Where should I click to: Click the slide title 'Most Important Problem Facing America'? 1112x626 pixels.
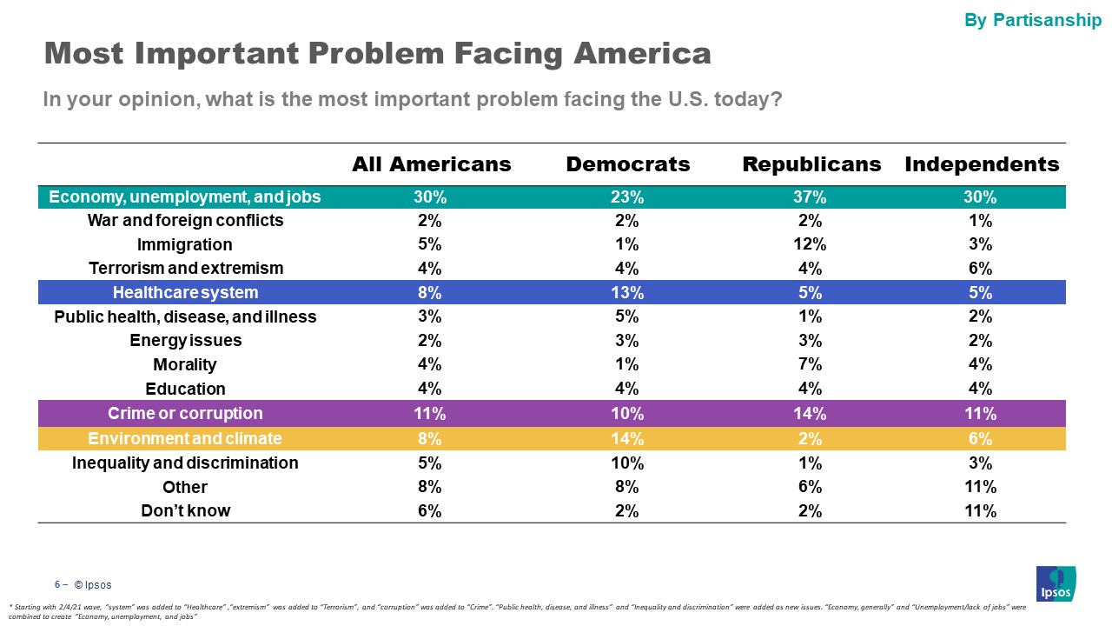[377, 54]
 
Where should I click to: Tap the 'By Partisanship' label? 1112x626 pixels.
[1033, 20]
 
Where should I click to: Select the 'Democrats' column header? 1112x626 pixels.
[627, 164]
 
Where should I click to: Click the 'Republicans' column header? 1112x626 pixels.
[811, 164]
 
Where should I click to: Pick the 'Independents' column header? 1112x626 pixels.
[982, 164]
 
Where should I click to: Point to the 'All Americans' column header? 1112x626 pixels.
[431, 164]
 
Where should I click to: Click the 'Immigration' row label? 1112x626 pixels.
[185, 244]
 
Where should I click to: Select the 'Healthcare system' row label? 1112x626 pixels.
[185, 292]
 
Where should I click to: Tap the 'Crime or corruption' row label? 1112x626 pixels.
[185, 413]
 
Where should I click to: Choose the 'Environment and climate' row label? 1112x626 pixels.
[185, 438]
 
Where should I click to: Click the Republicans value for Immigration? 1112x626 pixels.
[811, 244]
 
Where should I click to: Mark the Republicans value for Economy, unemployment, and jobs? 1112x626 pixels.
[811, 197]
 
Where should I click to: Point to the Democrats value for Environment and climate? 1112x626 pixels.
[627, 438]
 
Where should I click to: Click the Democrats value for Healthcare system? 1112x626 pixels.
[627, 292]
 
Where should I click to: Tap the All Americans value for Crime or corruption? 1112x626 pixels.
[431, 413]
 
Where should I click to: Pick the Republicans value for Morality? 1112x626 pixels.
[811, 364]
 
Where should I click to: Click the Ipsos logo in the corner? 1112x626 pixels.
[1056, 583]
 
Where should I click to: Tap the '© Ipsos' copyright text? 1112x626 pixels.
[92, 584]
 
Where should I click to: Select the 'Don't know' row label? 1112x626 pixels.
[185, 510]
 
